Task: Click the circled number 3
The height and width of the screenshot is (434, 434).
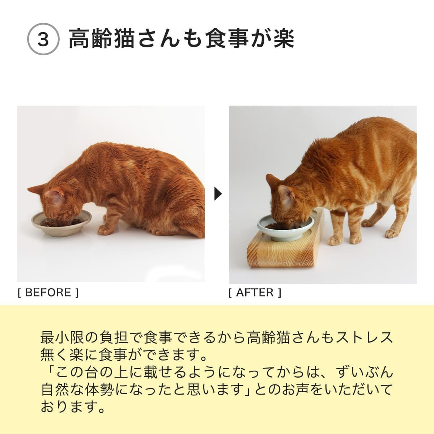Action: tap(43, 40)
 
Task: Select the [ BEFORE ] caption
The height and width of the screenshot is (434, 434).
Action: tap(48, 292)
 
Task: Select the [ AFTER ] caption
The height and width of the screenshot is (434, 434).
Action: tap(255, 292)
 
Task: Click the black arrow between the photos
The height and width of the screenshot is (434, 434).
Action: tap(218, 194)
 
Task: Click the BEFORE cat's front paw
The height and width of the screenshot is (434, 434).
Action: tap(105, 229)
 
